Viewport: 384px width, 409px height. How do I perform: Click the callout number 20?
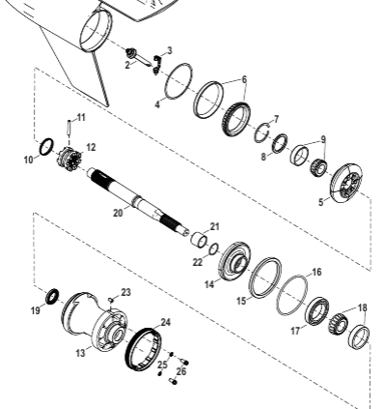click(x=118, y=213)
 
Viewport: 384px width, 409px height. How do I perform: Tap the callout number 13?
click(x=80, y=353)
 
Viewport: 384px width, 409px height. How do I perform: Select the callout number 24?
click(x=165, y=322)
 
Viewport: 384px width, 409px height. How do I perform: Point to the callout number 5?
click(x=321, y=202)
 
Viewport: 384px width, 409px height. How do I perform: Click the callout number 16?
click(x=316, y=273)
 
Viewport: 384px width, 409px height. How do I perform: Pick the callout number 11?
click(x=81, y=118)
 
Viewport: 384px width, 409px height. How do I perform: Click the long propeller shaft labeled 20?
click(x=138, y=201)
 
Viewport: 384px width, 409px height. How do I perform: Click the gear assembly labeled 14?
click(x=235, y=263)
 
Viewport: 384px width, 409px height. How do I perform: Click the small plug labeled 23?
click(x=111, y=300)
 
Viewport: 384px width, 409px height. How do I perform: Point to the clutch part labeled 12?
click(x=69, y=159)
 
